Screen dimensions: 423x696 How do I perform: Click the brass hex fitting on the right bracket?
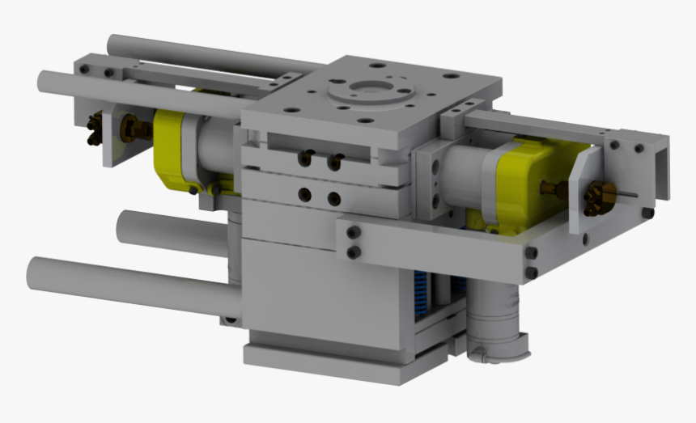(x=598, y=194)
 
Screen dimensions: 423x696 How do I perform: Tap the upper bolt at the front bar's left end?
(x=354, y=233)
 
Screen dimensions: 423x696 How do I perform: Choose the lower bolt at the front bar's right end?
(x=531, y=273)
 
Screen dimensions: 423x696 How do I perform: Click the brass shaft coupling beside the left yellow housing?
(x=132, y=128)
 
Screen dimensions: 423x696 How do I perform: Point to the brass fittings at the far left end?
(x=95, y=128)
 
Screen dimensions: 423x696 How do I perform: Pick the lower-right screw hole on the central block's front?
(x=333, y=197)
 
